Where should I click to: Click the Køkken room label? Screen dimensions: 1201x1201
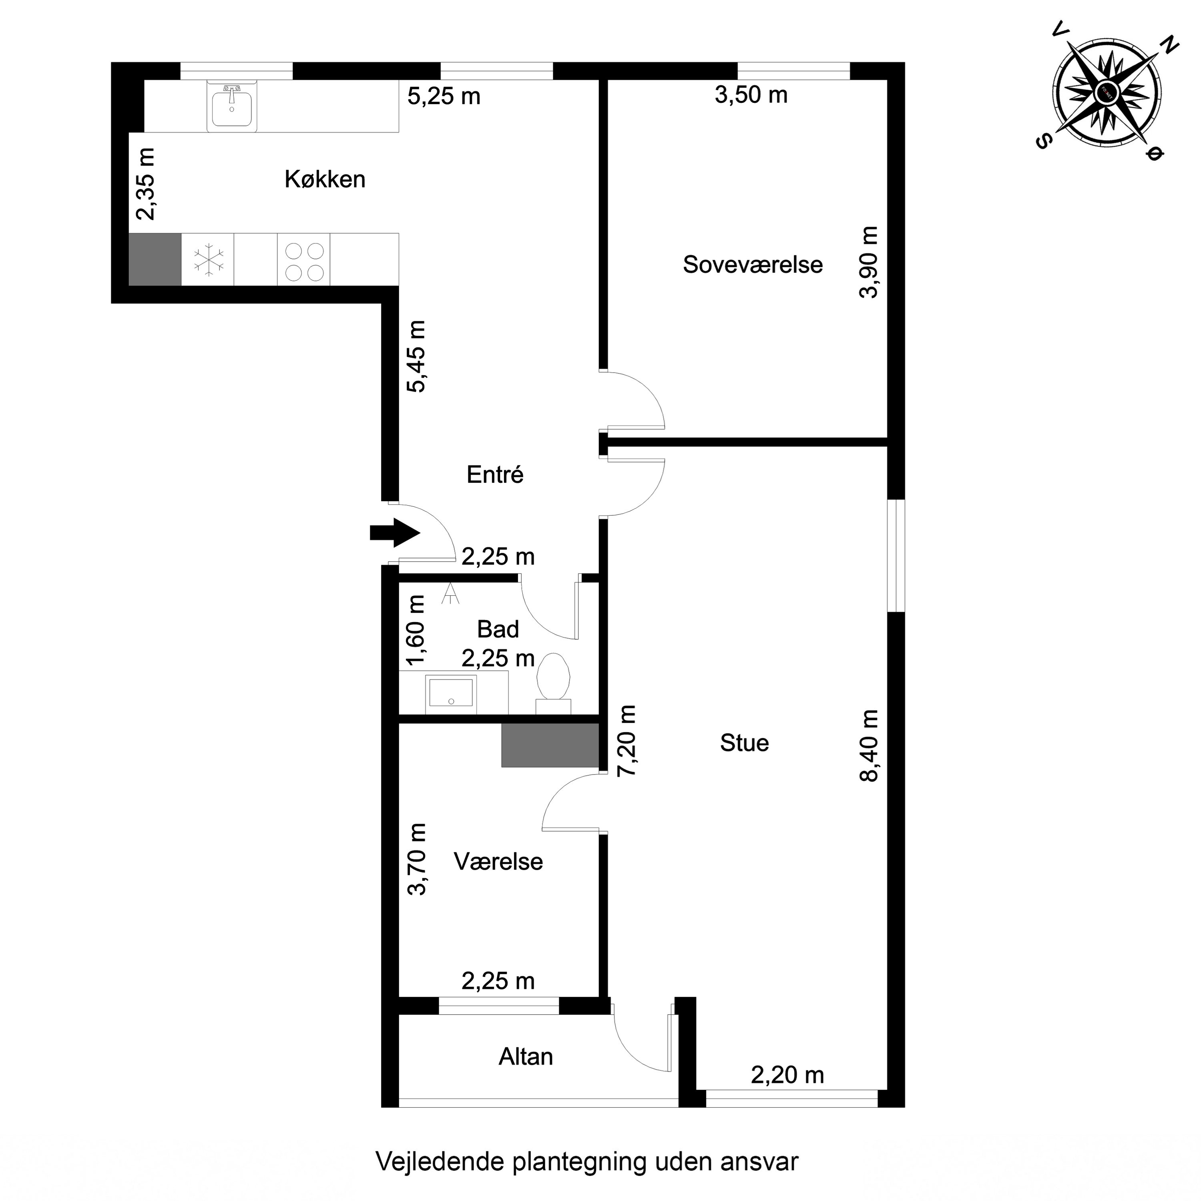tap(325, 180)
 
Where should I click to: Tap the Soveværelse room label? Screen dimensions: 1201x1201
tap(752, 265)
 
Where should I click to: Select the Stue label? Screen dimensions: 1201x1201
tap(744, 743)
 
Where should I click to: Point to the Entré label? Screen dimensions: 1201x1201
tap(495, 475)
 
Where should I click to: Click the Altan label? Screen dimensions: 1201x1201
tap(525, 1057)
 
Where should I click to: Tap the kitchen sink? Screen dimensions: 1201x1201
tap(232, 107)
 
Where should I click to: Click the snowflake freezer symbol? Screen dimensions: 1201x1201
tap(208, 260)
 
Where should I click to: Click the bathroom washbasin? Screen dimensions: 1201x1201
tap(451, 693)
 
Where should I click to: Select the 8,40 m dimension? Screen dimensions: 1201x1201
tap(870, 745)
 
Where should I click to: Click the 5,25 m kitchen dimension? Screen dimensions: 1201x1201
tap(444, 96)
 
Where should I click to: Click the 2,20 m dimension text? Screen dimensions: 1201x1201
tap(787, 1075)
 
